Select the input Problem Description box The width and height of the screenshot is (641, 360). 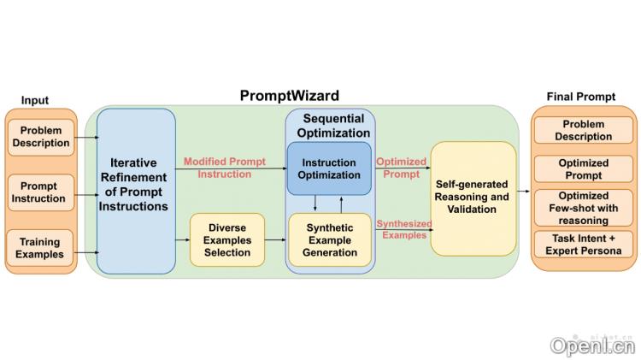click(x=40, y=137)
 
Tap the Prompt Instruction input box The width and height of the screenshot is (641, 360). click(x=40, y=192)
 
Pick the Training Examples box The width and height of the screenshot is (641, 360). click(x=40, y=248)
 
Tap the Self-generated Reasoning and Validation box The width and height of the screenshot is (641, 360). click(x=473, y=198)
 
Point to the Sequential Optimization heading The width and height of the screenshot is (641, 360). click(x=329, y=125)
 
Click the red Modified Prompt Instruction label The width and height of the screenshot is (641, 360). click(x=225, y=167)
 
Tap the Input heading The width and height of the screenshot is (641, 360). click(x=35, y=101)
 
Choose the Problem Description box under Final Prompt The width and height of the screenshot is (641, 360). click(x=584, y=130)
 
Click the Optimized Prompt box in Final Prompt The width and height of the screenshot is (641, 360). click(x=584, y=168)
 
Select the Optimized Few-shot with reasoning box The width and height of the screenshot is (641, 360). click(x=584, y=207)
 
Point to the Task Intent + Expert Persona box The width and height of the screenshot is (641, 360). click(x=584, y=245)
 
